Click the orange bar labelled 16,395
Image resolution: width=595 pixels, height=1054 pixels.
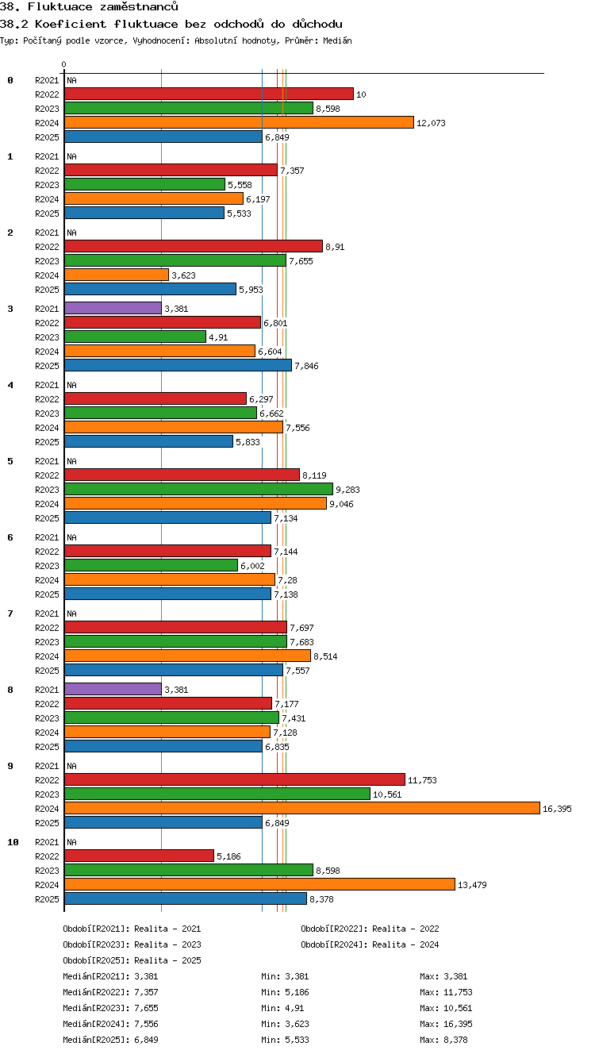tap(302, 808)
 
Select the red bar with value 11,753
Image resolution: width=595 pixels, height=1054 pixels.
tap(235, 779)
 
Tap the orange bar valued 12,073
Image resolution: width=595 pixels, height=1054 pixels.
tap(239, 122)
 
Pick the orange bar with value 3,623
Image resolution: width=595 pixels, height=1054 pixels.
tap(116, 275)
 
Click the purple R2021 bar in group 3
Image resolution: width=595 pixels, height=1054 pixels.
tap(113, 308)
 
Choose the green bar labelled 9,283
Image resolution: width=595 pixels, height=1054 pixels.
tap(198, 489)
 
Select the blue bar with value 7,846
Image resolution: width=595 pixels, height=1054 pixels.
tap(178, 365)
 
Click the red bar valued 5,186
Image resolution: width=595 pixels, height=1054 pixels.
tap(139, 856)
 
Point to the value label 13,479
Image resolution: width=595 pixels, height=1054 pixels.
tap(472, 885)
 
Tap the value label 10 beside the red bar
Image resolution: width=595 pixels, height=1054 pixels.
tap(361, 94)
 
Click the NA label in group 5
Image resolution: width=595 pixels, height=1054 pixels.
tap(71, 460)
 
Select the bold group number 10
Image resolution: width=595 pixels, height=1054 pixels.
tap(13, 842)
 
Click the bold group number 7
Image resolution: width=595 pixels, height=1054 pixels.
tap(10, 613)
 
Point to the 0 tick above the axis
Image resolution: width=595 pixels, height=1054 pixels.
tap(64, 64)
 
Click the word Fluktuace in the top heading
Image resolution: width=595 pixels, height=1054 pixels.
tap(59, 6)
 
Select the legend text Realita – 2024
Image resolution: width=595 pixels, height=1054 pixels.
tap(405, 944)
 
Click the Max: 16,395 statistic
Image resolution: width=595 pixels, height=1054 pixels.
tap(446, 1023)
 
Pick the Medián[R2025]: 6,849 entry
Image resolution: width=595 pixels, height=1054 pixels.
tap(110, 1040)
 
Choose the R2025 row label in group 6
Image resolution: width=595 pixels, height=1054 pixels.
tap(47, 594)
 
